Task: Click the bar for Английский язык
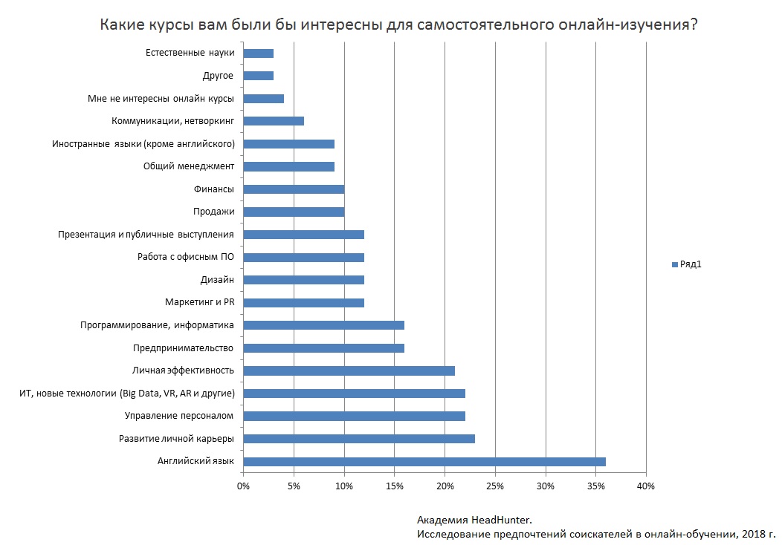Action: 424,462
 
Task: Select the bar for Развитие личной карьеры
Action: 359,439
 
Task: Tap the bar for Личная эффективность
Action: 349,371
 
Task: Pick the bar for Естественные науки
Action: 259,53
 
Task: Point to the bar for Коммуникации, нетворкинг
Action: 274,121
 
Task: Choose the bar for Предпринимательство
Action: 323,348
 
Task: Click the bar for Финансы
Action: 294,189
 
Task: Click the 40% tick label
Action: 646,486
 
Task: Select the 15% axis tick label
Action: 394,486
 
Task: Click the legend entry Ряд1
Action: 690,264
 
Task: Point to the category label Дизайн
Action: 217,280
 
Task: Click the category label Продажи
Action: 213,212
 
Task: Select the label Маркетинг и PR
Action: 199,303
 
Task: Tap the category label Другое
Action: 218,76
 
